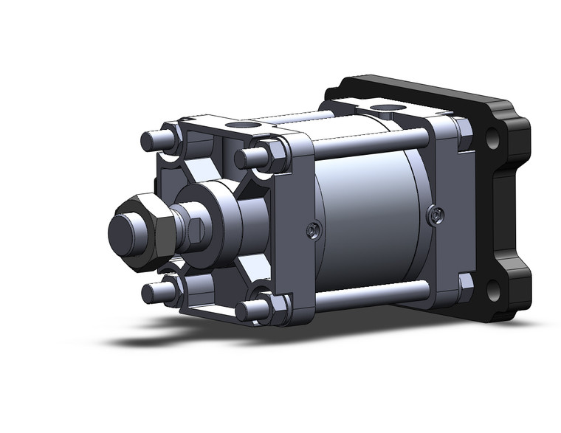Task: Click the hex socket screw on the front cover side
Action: coord(313,230)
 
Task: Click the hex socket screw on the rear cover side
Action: coord(438,215)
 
